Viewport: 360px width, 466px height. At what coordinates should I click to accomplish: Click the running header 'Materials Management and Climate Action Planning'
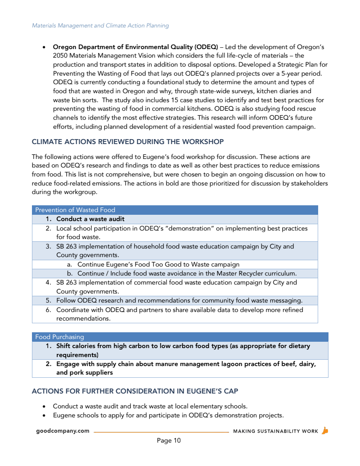pos(100,26)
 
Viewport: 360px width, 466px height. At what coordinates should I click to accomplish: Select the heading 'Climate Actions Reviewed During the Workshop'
pos(127,142)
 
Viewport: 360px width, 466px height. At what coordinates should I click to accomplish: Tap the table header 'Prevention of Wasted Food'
pos(75,210)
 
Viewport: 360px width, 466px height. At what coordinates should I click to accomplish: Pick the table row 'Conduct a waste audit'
pos(90,219)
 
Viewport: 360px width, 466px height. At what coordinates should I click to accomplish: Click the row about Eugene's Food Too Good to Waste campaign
pos(158,264)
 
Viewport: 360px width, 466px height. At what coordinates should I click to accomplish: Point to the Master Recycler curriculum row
pos(187,273)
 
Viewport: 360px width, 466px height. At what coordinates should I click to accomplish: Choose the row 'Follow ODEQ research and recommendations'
pos(179,300)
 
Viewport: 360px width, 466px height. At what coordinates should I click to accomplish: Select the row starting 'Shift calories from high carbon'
pos(183,350)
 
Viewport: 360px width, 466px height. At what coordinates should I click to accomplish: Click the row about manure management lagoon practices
pos(185,368)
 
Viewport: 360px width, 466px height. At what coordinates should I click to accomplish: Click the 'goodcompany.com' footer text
pos(63,431)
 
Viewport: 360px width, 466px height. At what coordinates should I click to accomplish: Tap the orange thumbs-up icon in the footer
pos(325,430)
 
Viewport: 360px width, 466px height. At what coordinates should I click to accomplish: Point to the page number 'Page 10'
pos(169,440)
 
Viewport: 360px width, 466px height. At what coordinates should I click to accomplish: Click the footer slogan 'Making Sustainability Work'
pos(275,431)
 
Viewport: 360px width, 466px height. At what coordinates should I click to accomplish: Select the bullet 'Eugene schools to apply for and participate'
pos(168,415)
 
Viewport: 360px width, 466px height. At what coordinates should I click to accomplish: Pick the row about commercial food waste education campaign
pos(176,287)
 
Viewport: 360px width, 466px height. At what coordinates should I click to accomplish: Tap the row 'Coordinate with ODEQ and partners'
pos(180,314)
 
